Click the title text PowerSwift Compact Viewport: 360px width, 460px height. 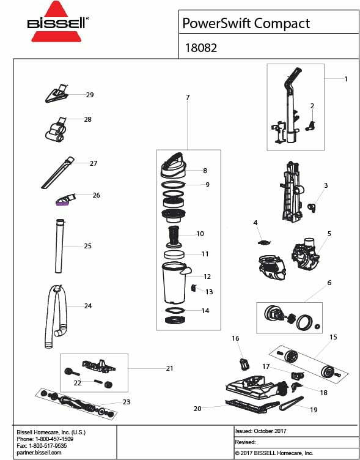pyautogui.click(x=246, y=23)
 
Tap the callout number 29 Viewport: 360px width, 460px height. pyautogui.click(x=90, y=95)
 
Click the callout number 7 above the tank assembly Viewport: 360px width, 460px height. pyautogui.click(x=188, y=97)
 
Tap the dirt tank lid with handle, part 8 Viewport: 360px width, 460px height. pyautogui.click(x=174, y=163)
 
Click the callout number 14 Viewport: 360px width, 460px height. pyautogui.click(x=205, y=311)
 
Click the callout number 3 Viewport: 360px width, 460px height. pyautogui.click(x=326, y=185)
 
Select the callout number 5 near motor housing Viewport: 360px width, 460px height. pyautogui.click(x=329, y=233)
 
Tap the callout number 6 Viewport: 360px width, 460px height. pyautogui.click(x=329, y=283)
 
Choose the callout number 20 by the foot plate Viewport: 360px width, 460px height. pyautogui.click(x=197, y=408)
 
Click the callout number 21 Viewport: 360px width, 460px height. pyautogui.click(x=169, y=368)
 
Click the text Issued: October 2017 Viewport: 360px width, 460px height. pyautogui.click(x=260, y=431)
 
